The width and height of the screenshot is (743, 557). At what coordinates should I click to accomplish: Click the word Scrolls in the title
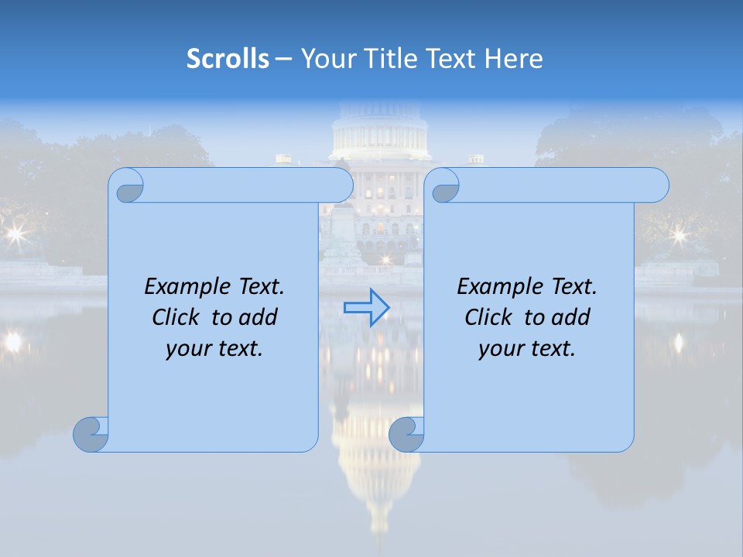pos(228,59)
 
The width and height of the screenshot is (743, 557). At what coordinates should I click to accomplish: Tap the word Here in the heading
pos(514,59)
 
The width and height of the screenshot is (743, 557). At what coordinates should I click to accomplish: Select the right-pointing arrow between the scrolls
pos(366,308)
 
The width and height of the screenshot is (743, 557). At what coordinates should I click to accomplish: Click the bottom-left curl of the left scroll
pos(91,434)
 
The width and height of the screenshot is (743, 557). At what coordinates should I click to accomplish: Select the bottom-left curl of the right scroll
pos(406,434)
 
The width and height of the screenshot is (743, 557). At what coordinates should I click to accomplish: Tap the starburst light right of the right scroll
pos(680,234)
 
